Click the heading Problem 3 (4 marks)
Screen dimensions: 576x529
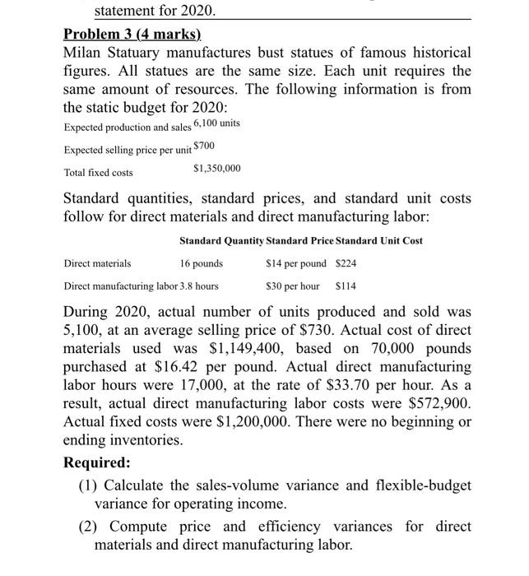coord(132,35)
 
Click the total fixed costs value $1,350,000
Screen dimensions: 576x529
coord(217,169)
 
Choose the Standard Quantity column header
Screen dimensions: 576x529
coord(221,240)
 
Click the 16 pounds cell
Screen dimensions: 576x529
coord(201,263)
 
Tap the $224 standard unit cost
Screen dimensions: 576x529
coord(346,263)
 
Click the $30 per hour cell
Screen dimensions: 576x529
coord(293,286)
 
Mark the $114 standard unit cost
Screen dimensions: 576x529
coord(346,286)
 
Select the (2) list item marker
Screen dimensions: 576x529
coord(88,525)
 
